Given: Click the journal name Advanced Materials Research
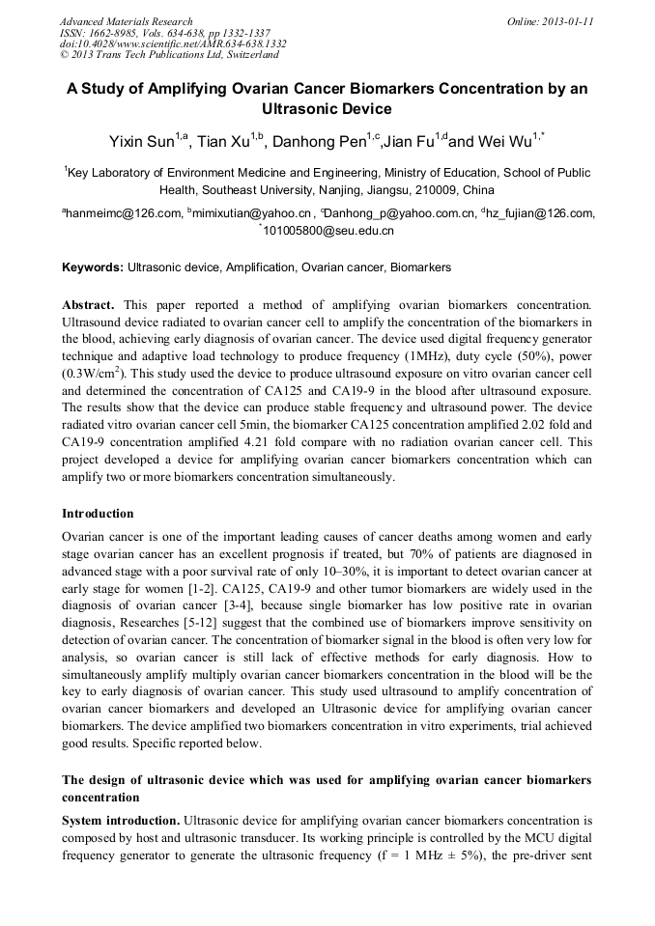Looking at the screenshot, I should point(126,21).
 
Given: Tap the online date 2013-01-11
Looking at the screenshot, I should point(565,21).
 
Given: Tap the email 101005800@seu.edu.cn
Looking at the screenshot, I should point(328,232).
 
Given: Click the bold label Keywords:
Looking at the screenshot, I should point(93,267).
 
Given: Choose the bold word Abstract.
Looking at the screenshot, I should point(91,303).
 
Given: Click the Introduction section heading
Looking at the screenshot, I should point(98,513).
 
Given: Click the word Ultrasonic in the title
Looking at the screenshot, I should point(327,109).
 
